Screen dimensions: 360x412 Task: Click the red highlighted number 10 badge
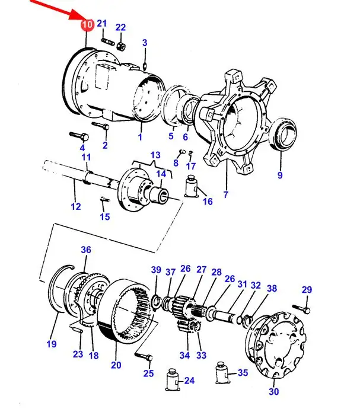[x=87, y=25]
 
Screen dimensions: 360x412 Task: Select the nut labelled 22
[x=121, y=46]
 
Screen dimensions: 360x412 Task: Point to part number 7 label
[x=226, y=194]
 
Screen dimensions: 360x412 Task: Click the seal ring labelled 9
[x=283, y=134]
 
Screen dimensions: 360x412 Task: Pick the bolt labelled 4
[x=79, y=136]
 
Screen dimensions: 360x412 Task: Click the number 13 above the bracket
[x=155, y=155]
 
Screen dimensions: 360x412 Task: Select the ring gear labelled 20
[x=125, y=311]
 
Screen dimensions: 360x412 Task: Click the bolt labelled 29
[x=302, y=308]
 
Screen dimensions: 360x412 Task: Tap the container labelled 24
[x=172, y=379]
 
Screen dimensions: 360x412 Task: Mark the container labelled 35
[x=223, y=373]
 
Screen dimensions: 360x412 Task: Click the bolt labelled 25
[x=144, y=356]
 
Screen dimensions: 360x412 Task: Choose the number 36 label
[x=86, y=250]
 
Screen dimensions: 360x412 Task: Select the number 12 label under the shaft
[x=76, y=206]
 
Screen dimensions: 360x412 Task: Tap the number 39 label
[x=156, y=270]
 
